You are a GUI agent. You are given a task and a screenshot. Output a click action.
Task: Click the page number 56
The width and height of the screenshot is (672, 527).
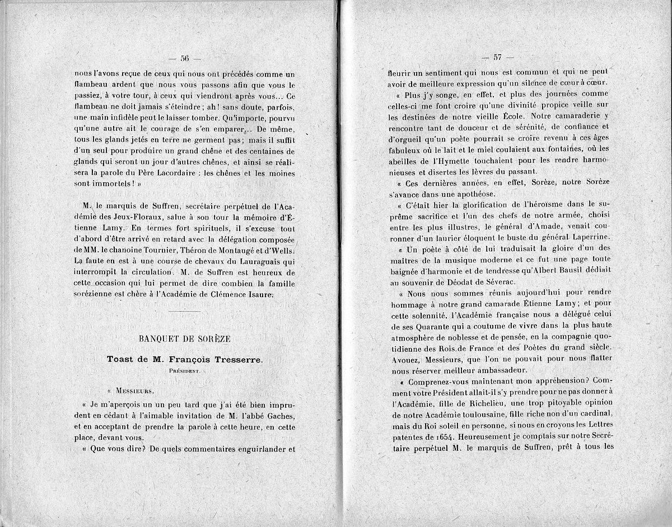(x=185, y=58)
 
